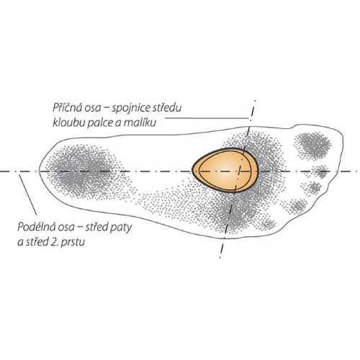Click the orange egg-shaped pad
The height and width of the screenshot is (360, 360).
pos(225,171)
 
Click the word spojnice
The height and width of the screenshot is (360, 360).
pos(130,109)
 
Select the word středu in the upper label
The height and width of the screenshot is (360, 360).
pos(166,108)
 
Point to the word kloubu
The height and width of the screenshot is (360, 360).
pos(68,122)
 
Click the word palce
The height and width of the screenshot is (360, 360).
pos(99,123)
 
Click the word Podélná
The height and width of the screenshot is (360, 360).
pos(35,227)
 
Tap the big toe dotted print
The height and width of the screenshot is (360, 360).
pos(313,145)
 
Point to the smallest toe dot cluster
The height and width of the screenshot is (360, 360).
pos(269,225)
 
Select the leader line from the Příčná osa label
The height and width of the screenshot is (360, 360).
pos(207,118)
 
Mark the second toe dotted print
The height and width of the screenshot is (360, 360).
pos(321,171)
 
